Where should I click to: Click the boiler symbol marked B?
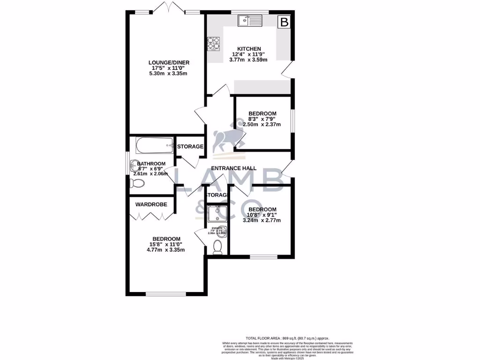[x=284, y=21]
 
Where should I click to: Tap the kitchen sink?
[x=250, y=21]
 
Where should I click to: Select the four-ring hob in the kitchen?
[x=213, y=44]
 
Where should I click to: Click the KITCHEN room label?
[x=249, y=49]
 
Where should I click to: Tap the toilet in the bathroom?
[x=136, y=184]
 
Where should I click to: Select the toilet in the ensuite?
[x=217, y=247]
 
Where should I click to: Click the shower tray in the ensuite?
[x=217, y=214]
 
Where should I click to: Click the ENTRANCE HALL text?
[x=234, y=168]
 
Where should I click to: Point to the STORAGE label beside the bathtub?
[x=190, y=146]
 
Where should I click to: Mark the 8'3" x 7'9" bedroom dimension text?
[x=262, y=119]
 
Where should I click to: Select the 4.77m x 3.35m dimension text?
[x=165, y=250]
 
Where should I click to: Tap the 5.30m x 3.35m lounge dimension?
[x=169, y=74]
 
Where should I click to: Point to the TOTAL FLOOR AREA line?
[x=287, y=338]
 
